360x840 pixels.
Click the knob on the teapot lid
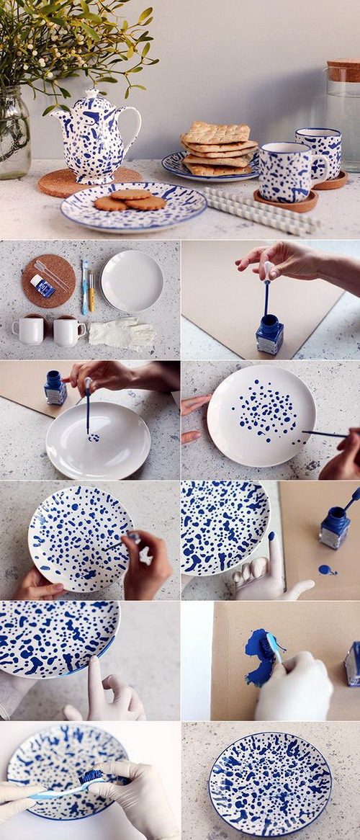[x=91, y=93]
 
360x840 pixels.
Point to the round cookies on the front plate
[x=130, y=200]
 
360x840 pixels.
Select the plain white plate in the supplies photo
[x=132, y=280]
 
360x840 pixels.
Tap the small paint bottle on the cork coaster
[x=42, y=286]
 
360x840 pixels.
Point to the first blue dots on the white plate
[x=94, y=437]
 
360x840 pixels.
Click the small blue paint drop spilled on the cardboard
[x=326, y=570]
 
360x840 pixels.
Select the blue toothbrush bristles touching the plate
[x=93, y=777]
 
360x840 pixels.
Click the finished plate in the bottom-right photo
[x=270, y=784]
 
